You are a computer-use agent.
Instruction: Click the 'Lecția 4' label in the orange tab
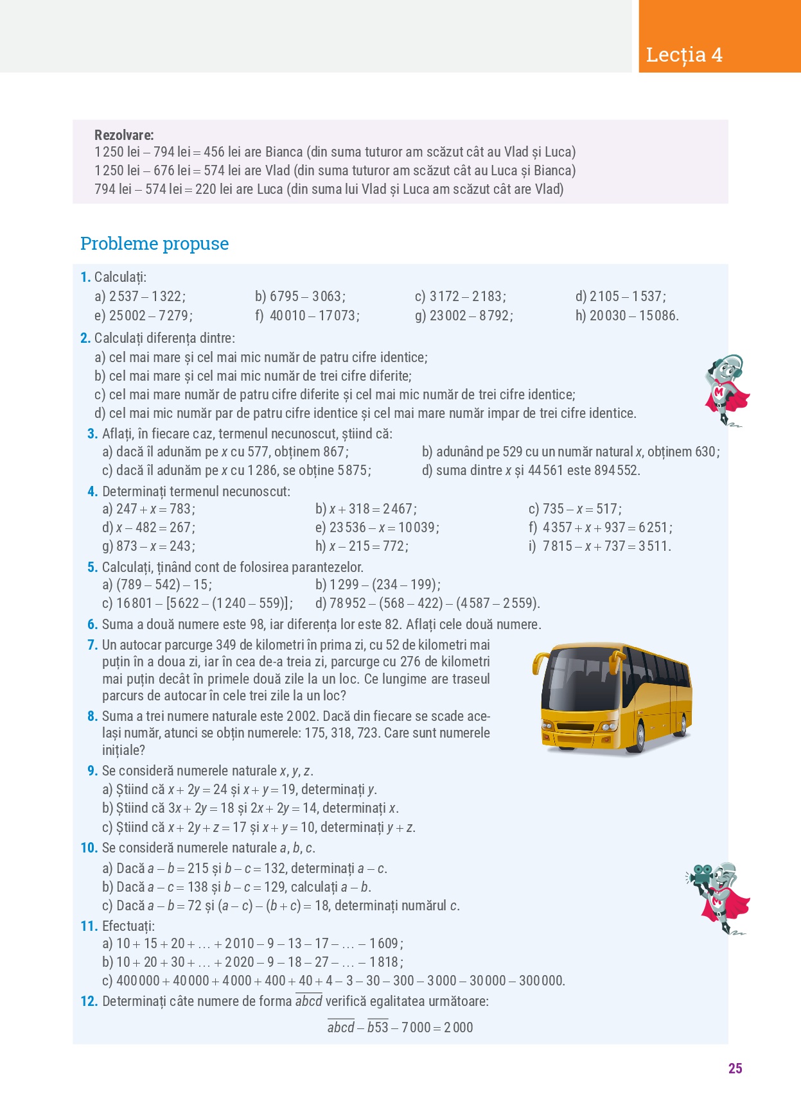click(x=684, y=55)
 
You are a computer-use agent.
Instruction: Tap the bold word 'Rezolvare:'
click(x=124, y=135)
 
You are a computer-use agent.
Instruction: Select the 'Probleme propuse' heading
click(x=154, y=244)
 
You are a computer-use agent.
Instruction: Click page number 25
click(x=735, y=1068)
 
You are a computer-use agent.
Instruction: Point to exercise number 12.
click(x=89, y=1001)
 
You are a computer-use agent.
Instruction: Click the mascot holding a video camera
click(x=719, y=897)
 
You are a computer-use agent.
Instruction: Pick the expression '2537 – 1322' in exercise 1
click(x=147, y=297)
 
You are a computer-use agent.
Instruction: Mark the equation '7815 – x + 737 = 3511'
click(x=606, y=546)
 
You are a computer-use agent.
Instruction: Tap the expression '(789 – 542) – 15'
click(x=164, y=585)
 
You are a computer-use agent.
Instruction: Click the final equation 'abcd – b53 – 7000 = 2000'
click(x=400, y=1027)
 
